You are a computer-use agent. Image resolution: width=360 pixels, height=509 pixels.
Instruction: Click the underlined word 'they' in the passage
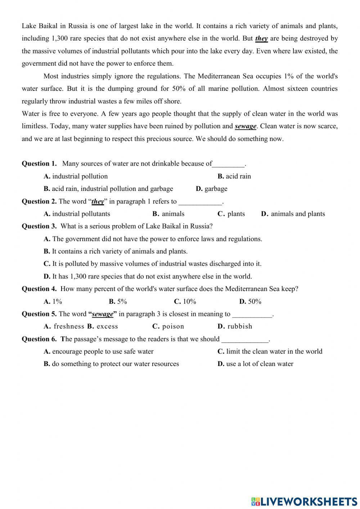coord(261,39)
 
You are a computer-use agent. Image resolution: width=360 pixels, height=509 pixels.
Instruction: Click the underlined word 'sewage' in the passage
coord(246,126)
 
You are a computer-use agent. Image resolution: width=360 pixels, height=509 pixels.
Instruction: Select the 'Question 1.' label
coord(39,164)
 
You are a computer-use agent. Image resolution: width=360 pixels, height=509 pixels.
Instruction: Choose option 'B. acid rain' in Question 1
coord(234,176)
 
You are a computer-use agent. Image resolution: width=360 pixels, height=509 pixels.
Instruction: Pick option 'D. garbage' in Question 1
coord(211,189)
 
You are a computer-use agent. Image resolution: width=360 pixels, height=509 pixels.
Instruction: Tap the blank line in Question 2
coord(200,202)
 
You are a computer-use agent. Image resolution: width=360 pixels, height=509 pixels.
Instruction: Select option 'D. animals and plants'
coord(293,214)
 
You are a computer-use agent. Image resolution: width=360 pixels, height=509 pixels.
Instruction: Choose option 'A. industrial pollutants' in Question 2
coord(77,214)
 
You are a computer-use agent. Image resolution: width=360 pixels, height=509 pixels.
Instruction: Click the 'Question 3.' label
coord(39,226)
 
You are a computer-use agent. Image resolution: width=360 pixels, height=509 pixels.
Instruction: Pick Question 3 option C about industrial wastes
coord(152,264)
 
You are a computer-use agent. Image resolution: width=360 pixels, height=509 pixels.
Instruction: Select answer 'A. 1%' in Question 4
coord(53,302)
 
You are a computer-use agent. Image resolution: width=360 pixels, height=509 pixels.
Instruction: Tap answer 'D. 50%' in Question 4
coord(250,302)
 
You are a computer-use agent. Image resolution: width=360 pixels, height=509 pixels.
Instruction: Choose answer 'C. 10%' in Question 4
coord(185,302)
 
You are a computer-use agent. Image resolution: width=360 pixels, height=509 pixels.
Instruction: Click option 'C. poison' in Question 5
coord(168,326)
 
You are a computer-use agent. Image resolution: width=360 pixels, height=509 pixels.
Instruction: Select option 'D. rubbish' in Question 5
coord(235,326)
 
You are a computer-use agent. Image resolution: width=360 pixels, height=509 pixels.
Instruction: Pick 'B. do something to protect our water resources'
coord(111,364)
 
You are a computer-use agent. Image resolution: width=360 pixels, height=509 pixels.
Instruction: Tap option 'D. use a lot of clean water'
coord(255,364)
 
